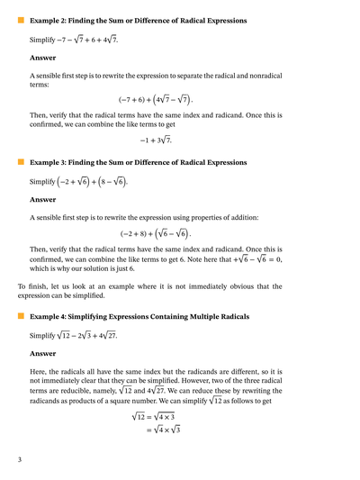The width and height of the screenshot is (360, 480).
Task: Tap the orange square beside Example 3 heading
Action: (x=21, y=162)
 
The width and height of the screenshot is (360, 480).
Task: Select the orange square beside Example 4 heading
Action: (x=21, y=317)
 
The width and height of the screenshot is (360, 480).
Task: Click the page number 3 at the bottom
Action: (x=19, y=460)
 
